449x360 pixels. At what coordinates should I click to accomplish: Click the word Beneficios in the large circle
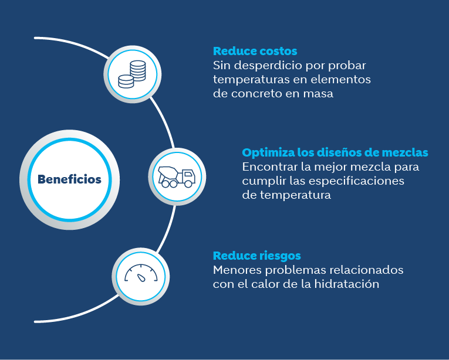point(69,179)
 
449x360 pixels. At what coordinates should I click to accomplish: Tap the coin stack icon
point(132,74)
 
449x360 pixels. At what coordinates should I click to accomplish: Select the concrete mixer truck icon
point(177,177)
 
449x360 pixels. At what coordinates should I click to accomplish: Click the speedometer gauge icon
point(141,273)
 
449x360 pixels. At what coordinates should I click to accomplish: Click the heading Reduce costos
point(255,51)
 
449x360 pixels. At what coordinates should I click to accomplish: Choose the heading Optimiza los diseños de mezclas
point(335,152)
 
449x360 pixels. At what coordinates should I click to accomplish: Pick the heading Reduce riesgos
point(257,256)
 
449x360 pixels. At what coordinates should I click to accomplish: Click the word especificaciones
point(356,181)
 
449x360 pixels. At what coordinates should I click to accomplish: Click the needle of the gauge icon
point(141,277)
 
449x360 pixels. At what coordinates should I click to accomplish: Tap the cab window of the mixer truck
point(188,174)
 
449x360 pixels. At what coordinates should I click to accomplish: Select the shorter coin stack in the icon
point(126,81)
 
